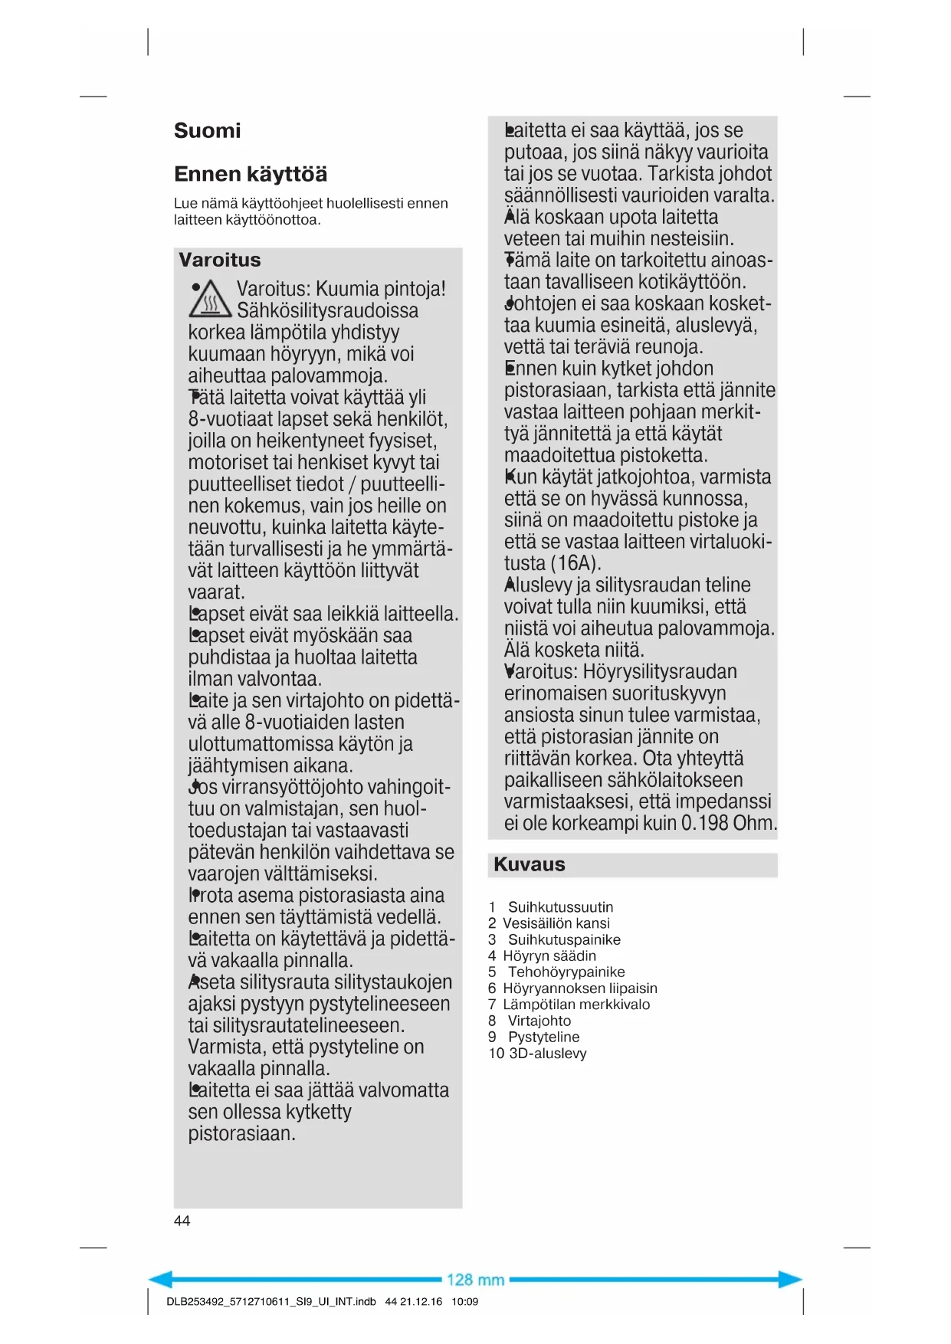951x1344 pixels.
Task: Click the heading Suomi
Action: (207, 131)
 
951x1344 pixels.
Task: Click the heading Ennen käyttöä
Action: (251, 175)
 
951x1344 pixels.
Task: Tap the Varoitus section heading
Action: (220, 260)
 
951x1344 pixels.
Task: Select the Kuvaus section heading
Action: (530, 864)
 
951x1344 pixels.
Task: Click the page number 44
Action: (182, 1221)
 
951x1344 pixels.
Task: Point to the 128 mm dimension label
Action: (475, 1280)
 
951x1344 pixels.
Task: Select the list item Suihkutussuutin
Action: (560, 907)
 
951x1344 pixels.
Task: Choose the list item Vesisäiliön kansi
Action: (556, 923)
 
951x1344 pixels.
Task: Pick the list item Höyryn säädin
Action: (549, 956)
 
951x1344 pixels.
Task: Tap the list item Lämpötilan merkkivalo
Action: (576, 1005)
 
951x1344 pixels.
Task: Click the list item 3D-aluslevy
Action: (548, 1054)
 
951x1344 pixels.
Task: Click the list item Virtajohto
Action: (539, 1021)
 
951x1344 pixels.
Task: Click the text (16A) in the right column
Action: (572, 564)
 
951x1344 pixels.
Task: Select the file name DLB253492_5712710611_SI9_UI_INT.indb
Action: (271, 1301)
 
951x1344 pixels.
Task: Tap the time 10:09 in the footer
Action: (464, 1301)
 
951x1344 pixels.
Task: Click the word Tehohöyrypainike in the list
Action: (566, 972)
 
